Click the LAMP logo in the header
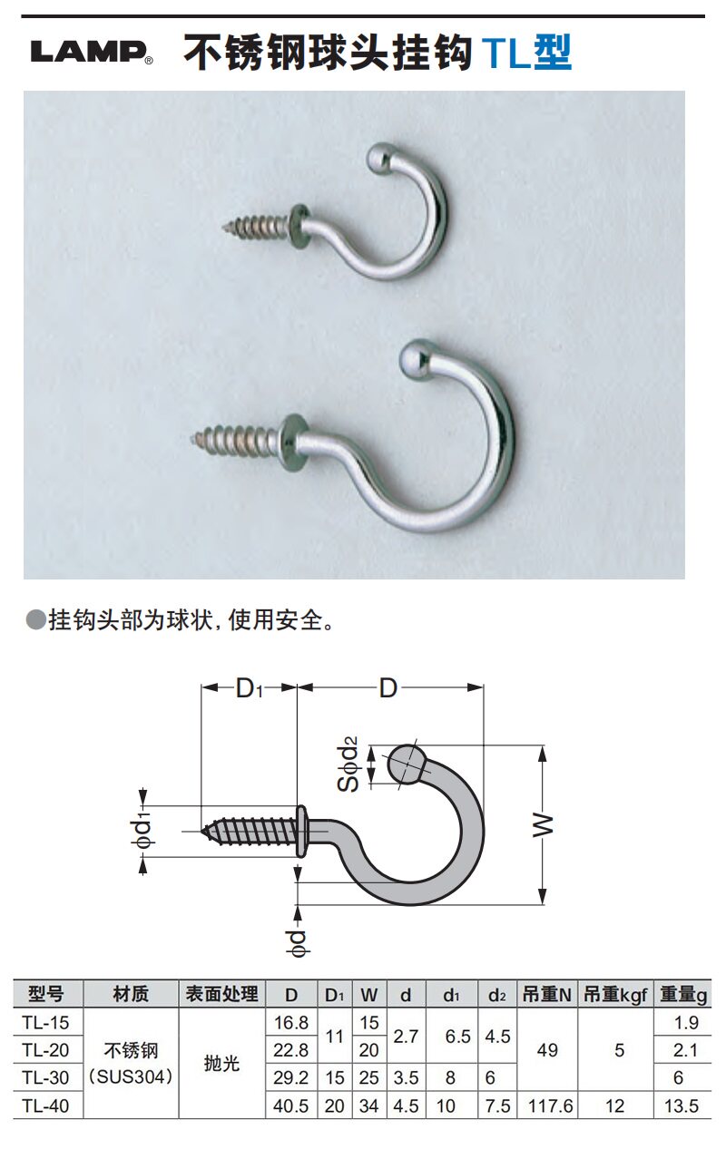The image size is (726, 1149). [x=91, y=53]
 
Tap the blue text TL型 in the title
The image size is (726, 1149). [x=526, y=53]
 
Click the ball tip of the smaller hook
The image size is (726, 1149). [x=379, y=157]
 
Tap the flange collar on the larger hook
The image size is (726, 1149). [x=292, y=442]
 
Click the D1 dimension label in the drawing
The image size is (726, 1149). [x=248, y=689]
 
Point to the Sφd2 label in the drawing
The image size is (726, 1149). [x=350, y=764]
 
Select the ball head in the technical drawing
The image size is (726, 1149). [x=406, y=764]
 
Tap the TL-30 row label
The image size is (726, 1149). [x=45, y=1078]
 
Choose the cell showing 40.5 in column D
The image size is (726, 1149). [x=291, y=1105]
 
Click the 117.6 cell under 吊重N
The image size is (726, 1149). [x=547, y=1105]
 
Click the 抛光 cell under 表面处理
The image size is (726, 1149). [x=221, y=1064]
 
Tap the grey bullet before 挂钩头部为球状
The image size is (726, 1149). [x=35, y=620]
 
